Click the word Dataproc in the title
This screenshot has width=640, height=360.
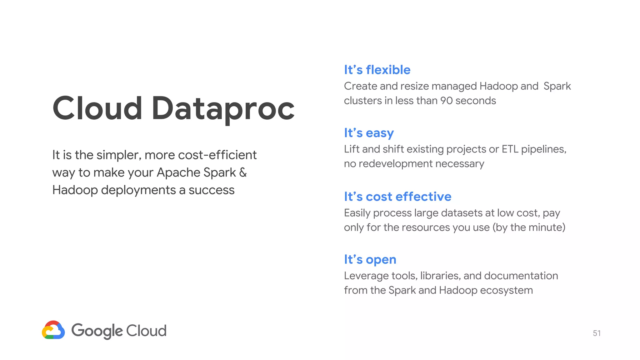[x=223, y=109]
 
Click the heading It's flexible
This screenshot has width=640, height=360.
[x=377, y=70]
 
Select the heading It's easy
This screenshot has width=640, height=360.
[x=369, y=133]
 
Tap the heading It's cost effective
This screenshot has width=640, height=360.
[x=397, y=197]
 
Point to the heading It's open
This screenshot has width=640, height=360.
[x=370, y=259]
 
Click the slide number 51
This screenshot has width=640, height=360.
[x=597, y=333]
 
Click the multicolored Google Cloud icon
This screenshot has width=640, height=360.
[x=53, y=330]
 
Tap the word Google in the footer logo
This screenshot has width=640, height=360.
[x=97, y=331]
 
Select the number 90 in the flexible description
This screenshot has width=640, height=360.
[x=446, y=101]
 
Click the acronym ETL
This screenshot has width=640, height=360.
[x=510, y=149]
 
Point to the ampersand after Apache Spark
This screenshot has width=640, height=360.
[x=243, y=172]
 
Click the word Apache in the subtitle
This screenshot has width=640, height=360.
[x=178, y=172]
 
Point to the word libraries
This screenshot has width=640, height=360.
[x=440, y=276]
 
